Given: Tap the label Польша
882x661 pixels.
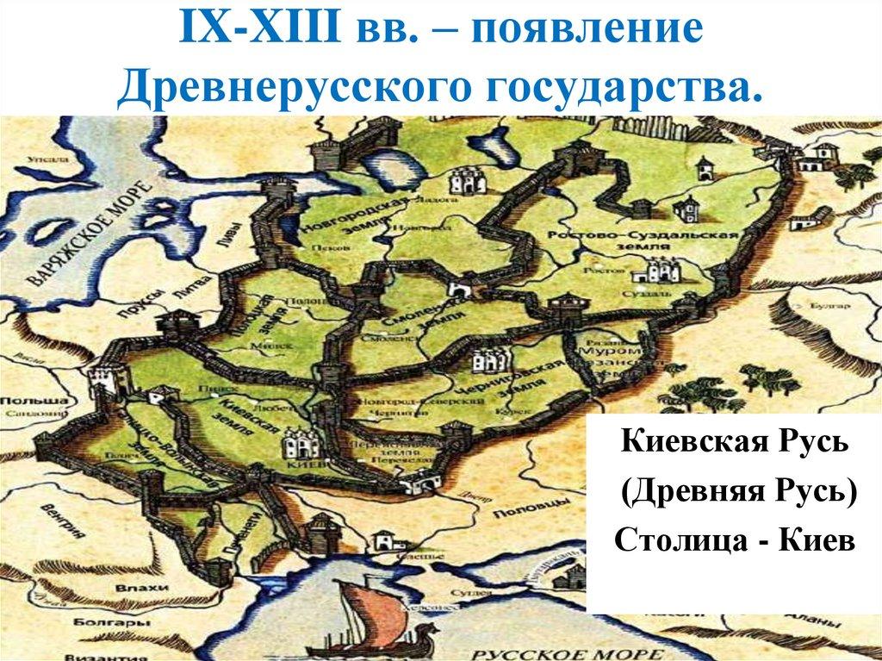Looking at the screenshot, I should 34,402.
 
